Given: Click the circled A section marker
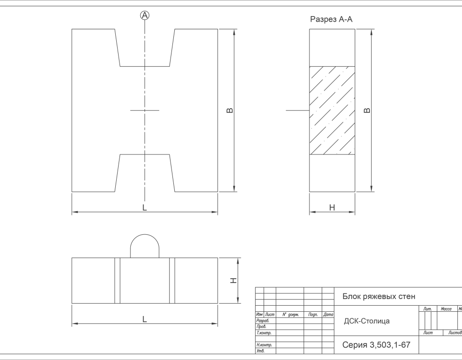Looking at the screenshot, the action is pos(145,15).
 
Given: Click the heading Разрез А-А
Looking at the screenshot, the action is pos(331,19).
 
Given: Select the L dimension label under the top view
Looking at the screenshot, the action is pos(145,208).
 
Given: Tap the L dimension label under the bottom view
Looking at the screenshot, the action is pos(145,319).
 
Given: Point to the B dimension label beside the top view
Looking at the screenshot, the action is pos(230,111).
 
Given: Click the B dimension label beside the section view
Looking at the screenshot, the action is pos(367,111).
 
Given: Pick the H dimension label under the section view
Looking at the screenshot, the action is pos(332,208).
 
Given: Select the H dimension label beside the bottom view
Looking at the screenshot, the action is pos(233,281).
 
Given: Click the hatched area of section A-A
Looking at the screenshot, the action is pos(332,111).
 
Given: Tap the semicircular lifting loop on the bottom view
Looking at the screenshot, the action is pos(145,235).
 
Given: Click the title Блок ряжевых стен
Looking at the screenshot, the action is pos(378,296).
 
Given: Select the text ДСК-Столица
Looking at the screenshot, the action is pos(367,321).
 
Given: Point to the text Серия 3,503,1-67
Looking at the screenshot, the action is pos(376,345).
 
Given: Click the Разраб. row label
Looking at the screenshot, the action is pos(263,320).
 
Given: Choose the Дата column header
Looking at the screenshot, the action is pos(328,315).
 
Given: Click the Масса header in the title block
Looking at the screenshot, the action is pos(446,309).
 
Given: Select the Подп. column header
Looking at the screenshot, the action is pos(313,315).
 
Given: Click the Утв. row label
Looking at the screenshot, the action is pos(260,351).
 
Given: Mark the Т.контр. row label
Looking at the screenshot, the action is pos(264,333).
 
